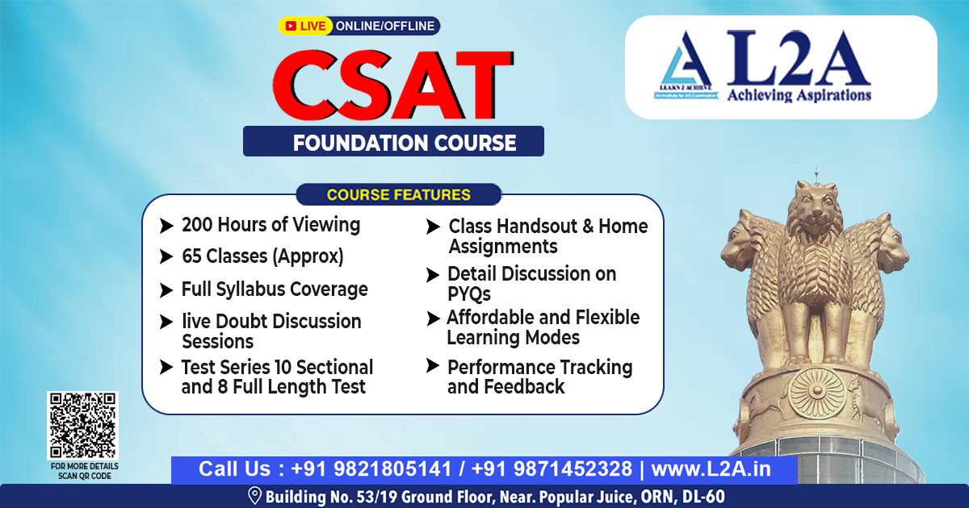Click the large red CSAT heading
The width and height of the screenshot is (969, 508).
pos(393,83)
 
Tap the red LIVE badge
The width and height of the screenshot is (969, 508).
pos(306,26)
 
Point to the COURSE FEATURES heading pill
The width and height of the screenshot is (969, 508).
pos(398,194)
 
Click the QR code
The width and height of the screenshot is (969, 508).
pos(82,426)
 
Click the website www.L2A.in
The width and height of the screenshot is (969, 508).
pos(711,469)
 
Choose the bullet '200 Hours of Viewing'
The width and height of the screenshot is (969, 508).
pos(271,224)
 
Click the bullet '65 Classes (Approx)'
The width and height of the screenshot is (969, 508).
pos(262,256)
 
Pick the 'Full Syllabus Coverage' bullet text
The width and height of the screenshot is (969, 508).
pos(275,289)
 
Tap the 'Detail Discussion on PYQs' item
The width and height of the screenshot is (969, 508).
pos(531,284)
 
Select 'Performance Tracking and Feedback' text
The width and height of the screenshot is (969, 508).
pos(539,377)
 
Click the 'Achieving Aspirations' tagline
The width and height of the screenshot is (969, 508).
pos(799,96)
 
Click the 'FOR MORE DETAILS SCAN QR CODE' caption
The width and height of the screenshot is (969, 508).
pos(84,471)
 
